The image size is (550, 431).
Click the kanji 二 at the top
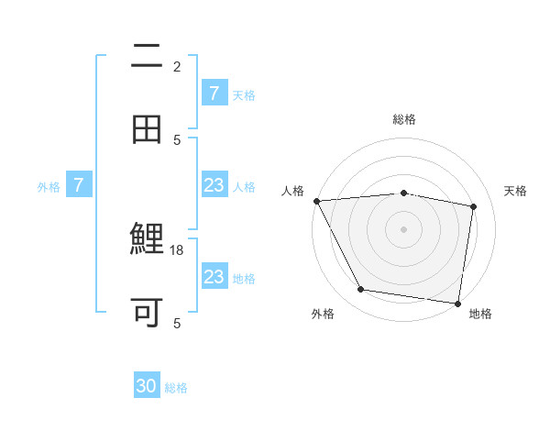[x=147, y=57]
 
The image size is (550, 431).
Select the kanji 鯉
[x=147, y=241]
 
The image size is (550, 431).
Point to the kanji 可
[x=147, y=312]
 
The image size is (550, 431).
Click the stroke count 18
[x=178, y=249]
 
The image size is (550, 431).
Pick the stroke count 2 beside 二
[x=177, y=66]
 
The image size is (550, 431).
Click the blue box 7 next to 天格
[x=214, y=94]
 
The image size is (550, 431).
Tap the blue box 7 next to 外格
[x=79, y=186]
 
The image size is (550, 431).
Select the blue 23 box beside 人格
[x=214, y=186]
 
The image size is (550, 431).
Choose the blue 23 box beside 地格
[x=214, y=277]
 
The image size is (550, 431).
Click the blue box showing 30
[x=147, y=386]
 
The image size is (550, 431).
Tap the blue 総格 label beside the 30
[x=177, y=388]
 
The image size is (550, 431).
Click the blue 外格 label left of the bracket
[x=49, y=187]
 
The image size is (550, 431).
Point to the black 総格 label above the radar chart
[x=404, y=119]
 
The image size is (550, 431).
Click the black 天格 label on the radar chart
[x=516, y=191]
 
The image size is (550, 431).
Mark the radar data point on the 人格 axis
[x=316, y=201]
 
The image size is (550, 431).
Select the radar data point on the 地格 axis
[x=458, y=303]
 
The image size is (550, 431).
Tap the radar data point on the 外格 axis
[x=360, y=290]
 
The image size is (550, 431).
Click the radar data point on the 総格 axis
[x=404, y=193]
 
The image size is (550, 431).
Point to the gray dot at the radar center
[x=404, y=228]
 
